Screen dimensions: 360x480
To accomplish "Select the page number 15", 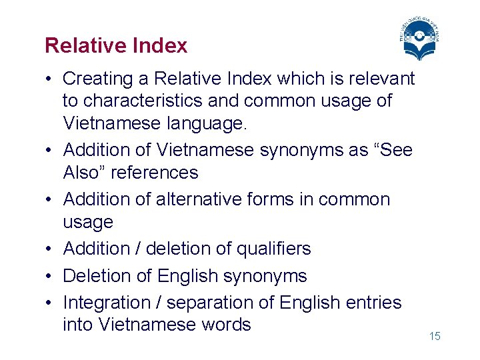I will (x=435, y=337).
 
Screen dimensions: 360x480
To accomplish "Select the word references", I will (x=154, y=173).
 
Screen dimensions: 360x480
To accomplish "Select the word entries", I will (x=375, y=303).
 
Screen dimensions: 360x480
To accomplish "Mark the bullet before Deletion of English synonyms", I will (x=51, y=276).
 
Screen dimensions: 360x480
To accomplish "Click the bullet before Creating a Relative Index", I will (x=51, y=79).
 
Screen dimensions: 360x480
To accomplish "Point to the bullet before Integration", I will (x=51, y=303).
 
